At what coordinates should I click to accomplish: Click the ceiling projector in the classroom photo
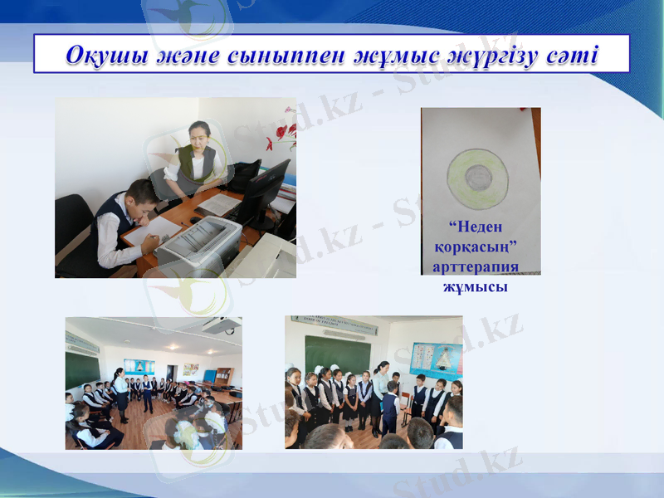[218, 326]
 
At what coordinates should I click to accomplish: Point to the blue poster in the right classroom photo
[436, 359]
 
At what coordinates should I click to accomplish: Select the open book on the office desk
[219, 203]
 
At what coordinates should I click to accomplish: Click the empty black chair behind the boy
[71, 220]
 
